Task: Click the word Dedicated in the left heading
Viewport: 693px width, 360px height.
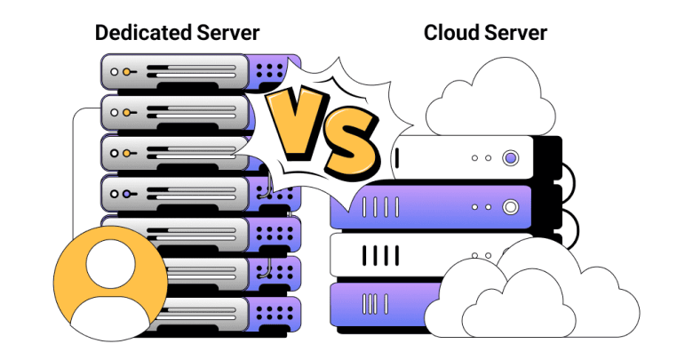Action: [144, 33]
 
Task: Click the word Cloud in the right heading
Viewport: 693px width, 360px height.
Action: [451, 33]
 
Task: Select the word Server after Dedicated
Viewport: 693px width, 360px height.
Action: [228, 33]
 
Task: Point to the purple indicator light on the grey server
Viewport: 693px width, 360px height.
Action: [127, 194]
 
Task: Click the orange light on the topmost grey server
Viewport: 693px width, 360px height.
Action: [127, 72]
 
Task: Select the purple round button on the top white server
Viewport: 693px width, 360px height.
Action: [511, 158]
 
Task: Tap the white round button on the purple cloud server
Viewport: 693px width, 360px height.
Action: [511, 206]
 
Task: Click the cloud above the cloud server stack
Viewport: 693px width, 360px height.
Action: [490, 97]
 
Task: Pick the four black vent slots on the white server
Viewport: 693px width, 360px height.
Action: [380, 256]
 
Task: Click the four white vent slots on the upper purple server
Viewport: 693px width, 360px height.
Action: [380, 207]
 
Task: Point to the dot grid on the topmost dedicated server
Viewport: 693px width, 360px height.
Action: [269, 71]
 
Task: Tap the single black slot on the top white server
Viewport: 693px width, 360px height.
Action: [397, 158]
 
